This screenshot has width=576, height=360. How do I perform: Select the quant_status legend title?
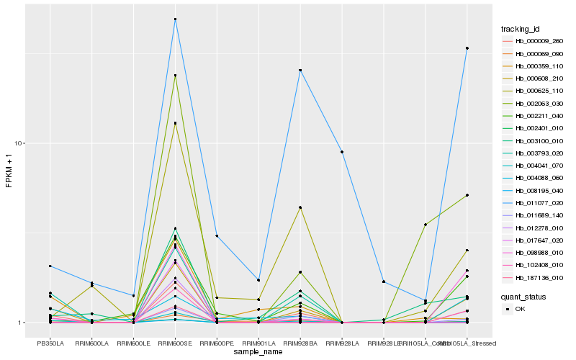pyautogui.click(x=523, y=296)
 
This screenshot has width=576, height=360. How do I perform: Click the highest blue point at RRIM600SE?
pyautogui.click(x=176, y=19)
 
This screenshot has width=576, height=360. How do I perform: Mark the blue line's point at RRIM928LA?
pyautogui.click(x=342, y=152)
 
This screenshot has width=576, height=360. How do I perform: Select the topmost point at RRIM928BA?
pyautogui.click(x=300, y=70)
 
